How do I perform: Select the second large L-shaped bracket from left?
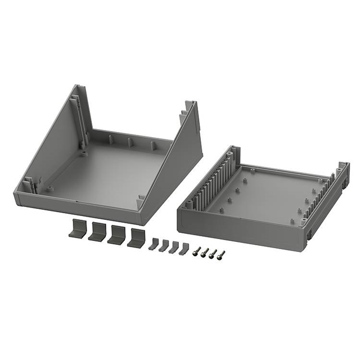click(x=97, y=232)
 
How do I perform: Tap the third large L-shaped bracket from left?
click(x=116, y=235)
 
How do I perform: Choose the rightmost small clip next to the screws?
click(x=184, y=249)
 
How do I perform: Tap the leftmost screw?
click(x=197, y=251)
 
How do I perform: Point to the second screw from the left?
click(x=205, y=252)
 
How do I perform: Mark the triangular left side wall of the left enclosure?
click(x=53, y=146)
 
